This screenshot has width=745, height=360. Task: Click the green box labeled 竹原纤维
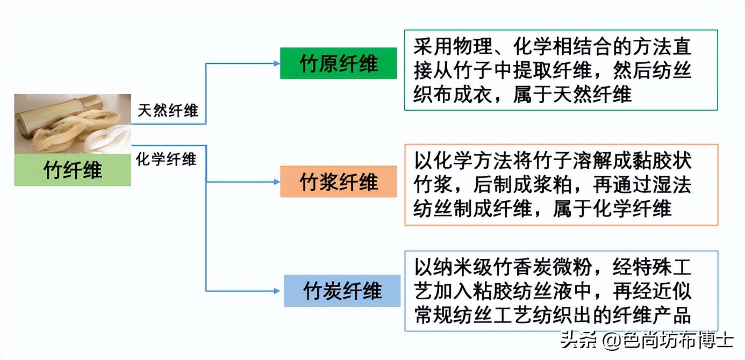tap(338, 63)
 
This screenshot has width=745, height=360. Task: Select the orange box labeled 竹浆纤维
tap(338, 182)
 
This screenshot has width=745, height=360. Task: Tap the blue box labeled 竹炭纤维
tap(342, 291)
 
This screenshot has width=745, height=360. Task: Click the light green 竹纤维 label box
tap(73, 170)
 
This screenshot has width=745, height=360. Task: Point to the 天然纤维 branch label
tap(168, 111)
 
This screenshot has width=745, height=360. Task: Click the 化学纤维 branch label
tap(166, 159)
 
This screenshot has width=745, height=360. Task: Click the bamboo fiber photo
tap(73, 124)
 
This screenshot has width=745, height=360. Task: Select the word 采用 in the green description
tap(428, 47)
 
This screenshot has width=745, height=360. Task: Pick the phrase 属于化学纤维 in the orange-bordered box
tap(612, 208)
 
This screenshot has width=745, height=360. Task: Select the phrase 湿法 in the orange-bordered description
tap(677, 184)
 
